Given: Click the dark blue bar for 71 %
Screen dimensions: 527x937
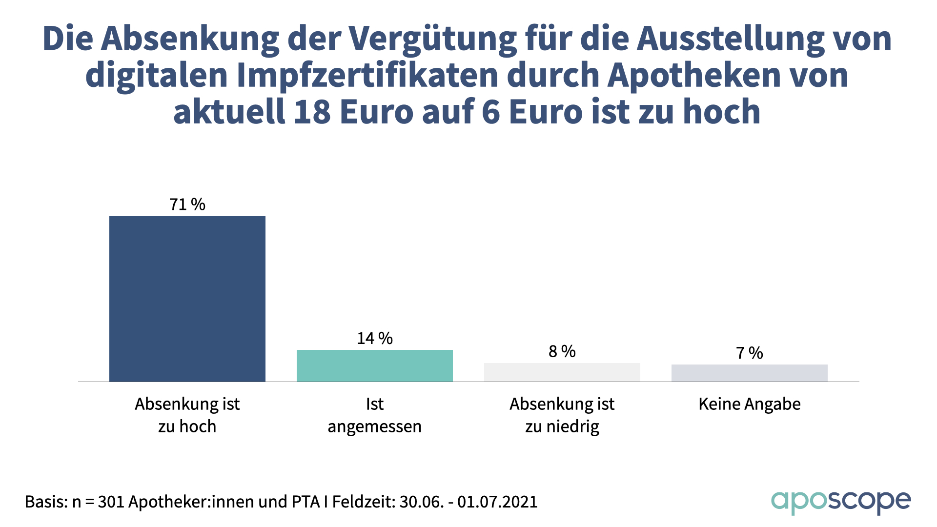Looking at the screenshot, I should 187,299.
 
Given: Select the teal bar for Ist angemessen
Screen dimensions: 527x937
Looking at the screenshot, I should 375,365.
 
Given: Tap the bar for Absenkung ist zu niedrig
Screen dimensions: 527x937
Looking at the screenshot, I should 562,372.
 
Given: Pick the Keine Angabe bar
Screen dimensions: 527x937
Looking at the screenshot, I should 750,373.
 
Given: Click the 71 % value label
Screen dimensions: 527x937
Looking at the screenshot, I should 187,204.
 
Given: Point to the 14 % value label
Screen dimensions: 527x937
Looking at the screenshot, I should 375,338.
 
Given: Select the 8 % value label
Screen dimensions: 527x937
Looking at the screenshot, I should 562,351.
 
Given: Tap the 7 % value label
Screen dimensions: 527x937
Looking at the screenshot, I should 750,353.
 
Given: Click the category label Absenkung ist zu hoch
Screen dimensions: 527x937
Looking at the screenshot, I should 187,415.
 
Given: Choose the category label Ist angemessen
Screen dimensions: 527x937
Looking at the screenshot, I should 375,415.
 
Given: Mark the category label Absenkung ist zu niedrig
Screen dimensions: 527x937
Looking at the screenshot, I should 562,415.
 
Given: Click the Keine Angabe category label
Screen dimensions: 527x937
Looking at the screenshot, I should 750,404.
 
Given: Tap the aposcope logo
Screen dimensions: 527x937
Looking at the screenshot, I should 840,502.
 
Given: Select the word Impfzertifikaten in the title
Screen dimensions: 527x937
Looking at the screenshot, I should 368,75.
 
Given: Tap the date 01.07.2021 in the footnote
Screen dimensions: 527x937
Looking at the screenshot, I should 497,502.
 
